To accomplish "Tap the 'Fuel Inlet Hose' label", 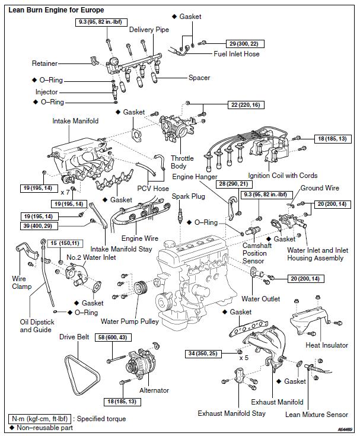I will (x=237, y=54).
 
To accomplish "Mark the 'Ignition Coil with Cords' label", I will (x=283, y=176).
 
